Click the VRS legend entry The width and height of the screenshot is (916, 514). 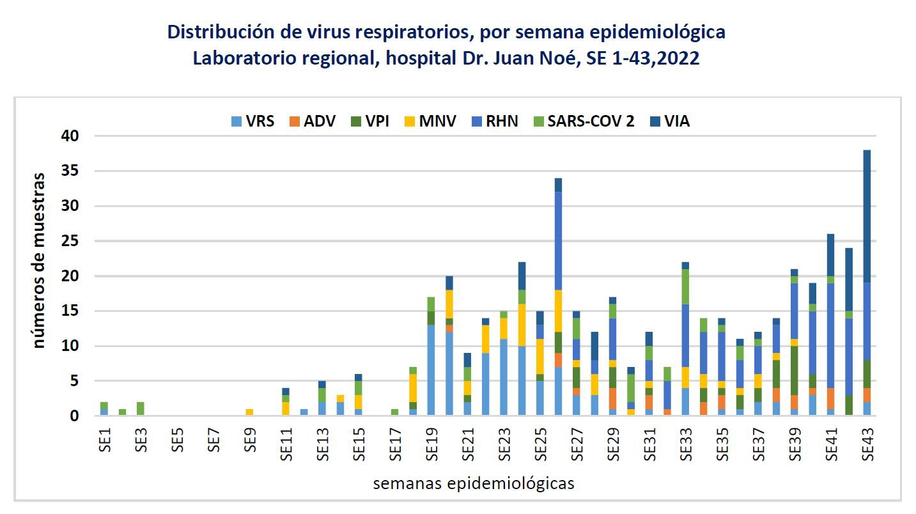click(252, 121)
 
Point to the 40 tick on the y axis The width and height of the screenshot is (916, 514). click(70, 136)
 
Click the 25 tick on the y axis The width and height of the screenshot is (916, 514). click(70, 241)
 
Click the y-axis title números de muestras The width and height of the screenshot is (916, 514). click(40, 260)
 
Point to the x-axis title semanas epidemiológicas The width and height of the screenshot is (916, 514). click(473, 483)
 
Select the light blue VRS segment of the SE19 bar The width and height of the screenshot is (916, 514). click(431, 371)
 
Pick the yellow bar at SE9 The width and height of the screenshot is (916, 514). click(250, 412)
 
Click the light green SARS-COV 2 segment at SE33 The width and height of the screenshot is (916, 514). click(686, 286)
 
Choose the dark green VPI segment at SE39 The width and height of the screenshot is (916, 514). click(795, 371)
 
